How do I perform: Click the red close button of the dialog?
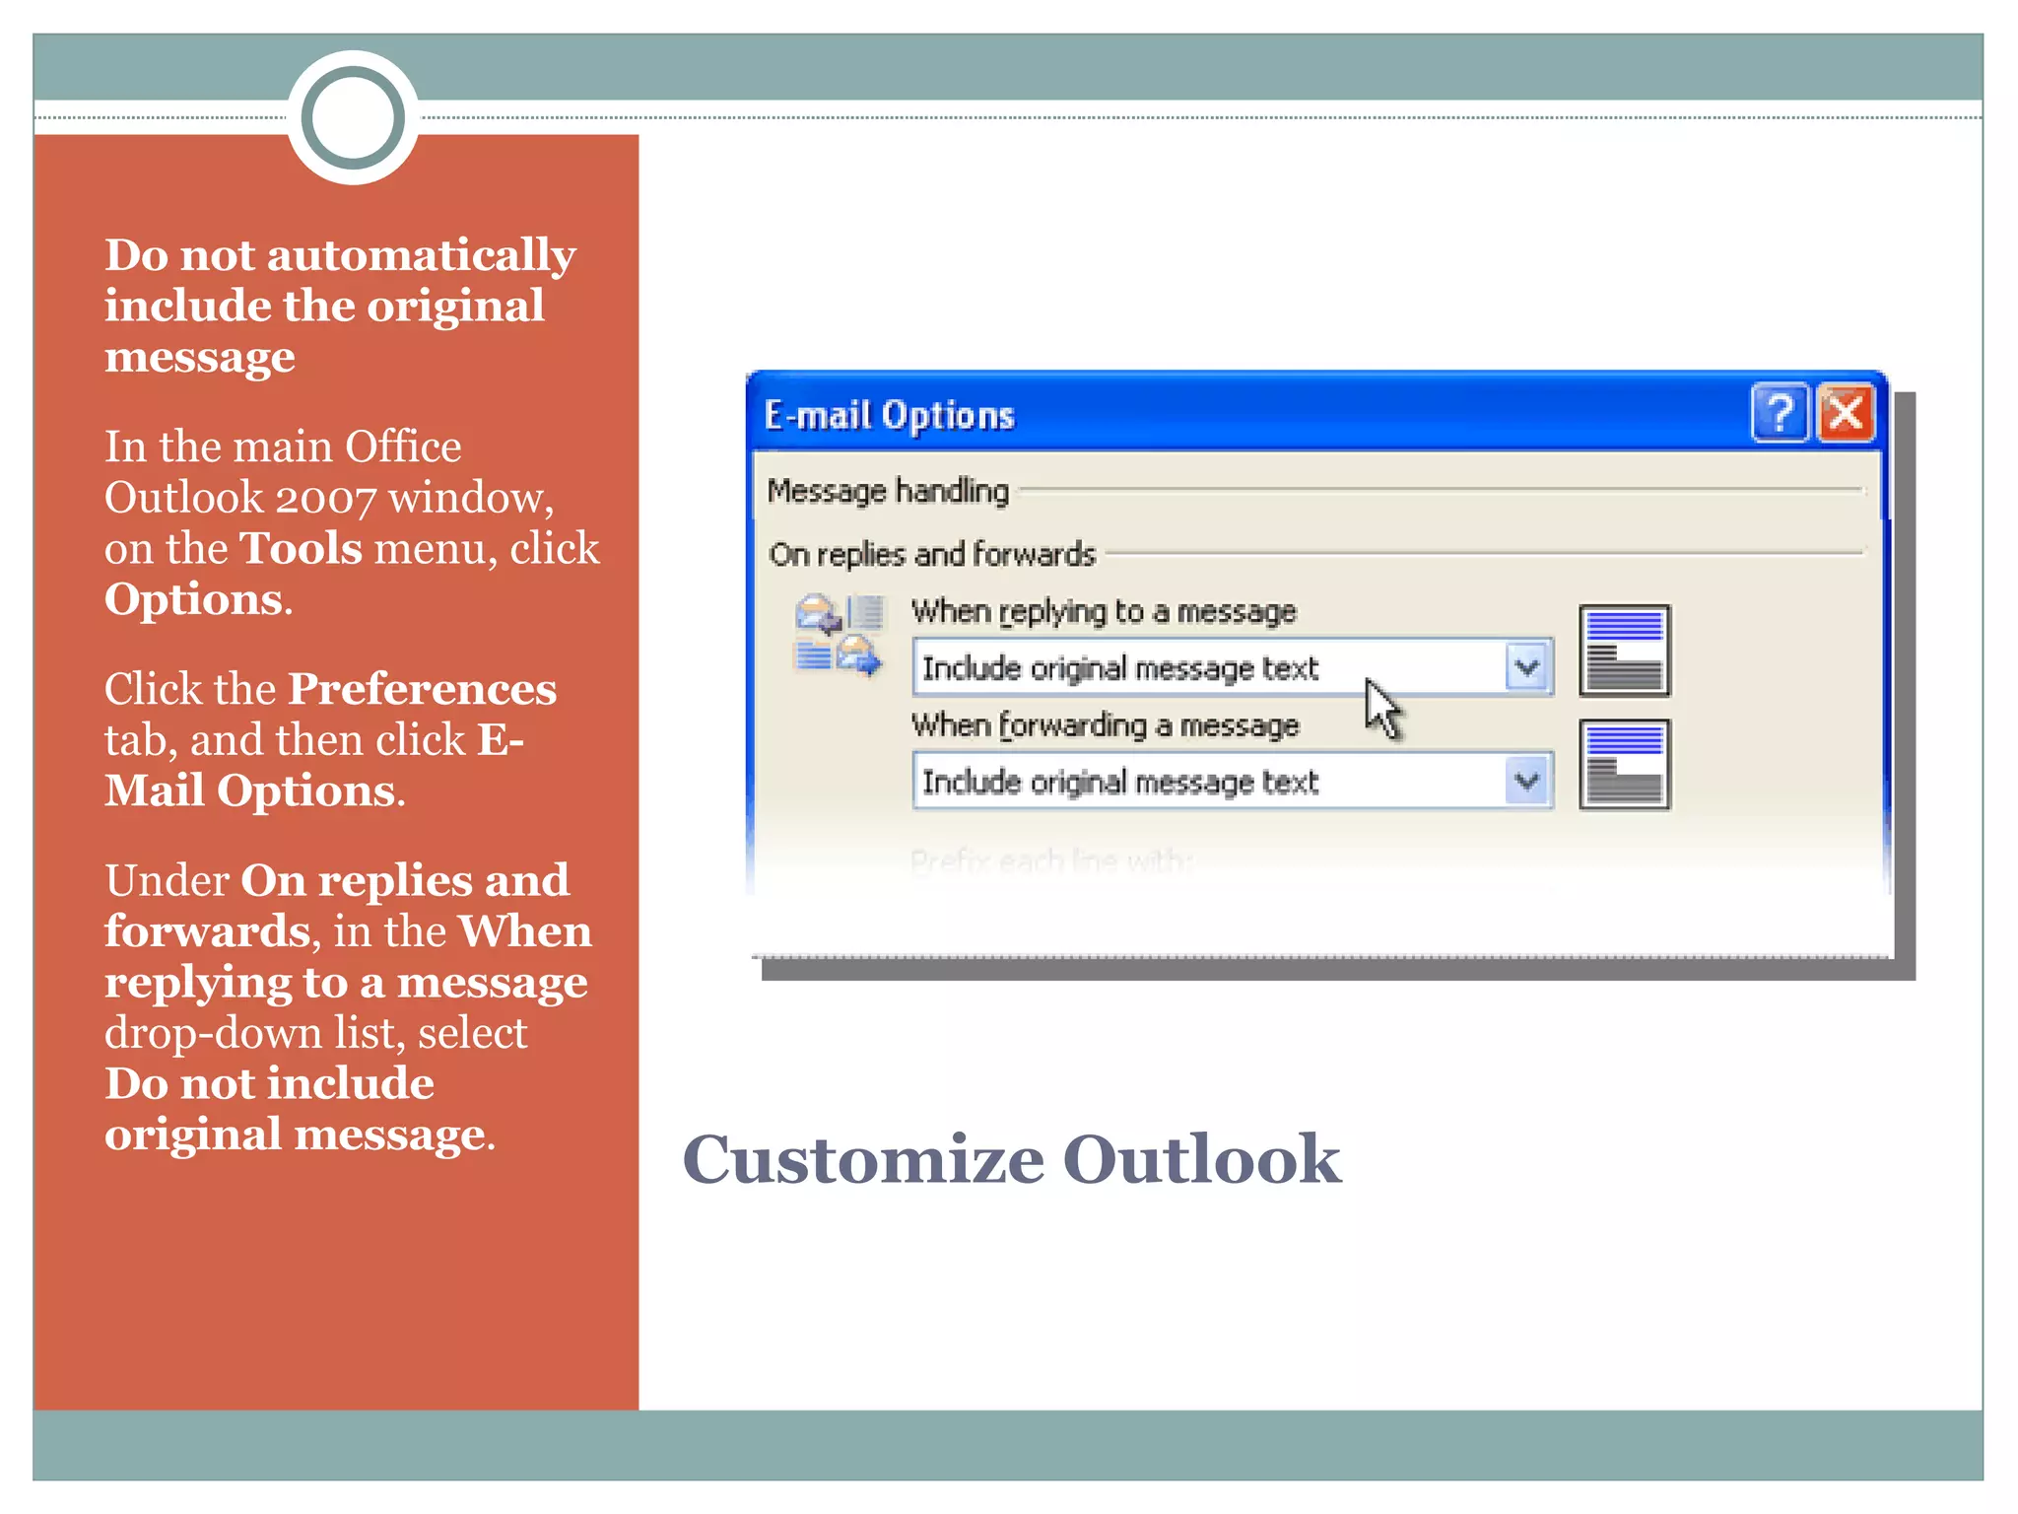tap(1845, 413)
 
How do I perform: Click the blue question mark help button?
tap(1780, 413)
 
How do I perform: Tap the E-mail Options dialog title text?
tap(889, 416)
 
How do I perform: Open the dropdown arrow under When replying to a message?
tap(1527, 667)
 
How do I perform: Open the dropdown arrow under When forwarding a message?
tap(1527, 782)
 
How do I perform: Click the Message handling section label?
tap(888, 490)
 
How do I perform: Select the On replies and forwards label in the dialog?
tap(932, 554)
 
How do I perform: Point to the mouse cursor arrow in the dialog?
tap(1380, 705)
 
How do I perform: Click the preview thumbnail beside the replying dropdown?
tap(1624, 651)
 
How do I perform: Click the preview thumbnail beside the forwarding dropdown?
tap(1624, 765)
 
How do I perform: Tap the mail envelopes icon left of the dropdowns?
tap(839, 635)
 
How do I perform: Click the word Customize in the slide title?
tap(862, 1159)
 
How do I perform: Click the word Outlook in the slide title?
tap(1201, 1159)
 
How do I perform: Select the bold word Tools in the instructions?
tap(302, 548)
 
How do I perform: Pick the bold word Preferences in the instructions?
tap(422, 689)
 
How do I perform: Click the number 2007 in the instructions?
tap(325, 499)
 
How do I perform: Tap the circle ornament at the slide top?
tap(353, 117)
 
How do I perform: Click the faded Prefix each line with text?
tap(1051, 861)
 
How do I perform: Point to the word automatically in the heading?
tap(421, 256)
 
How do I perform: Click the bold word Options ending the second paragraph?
tap(193, 599)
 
